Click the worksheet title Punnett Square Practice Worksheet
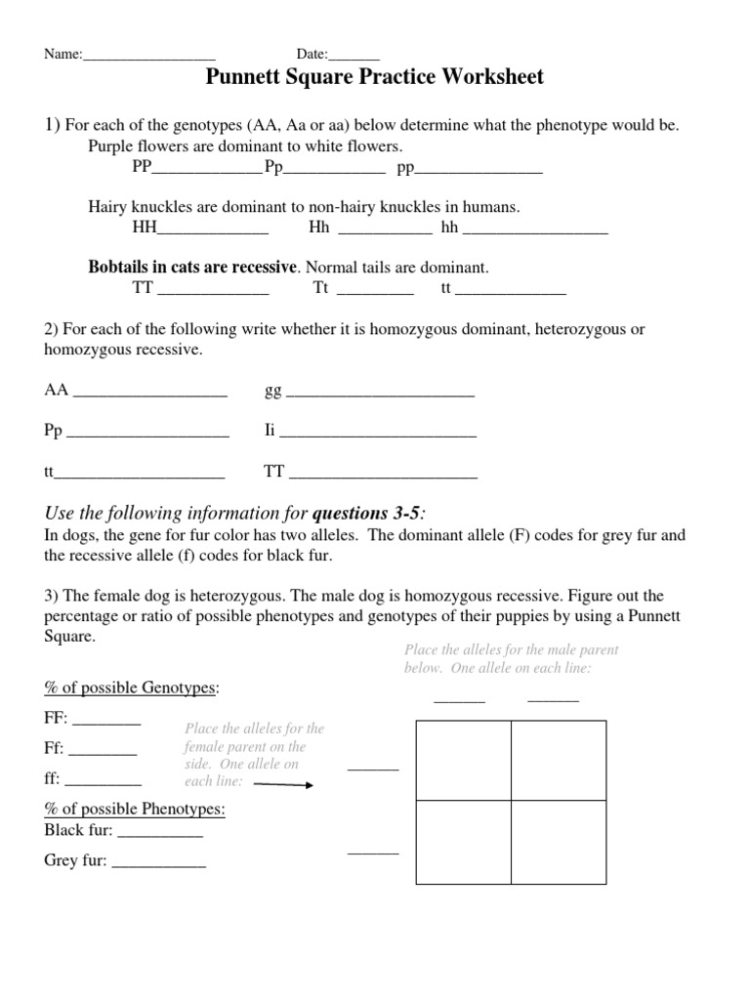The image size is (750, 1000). pyautogui.click(x=374, y=77)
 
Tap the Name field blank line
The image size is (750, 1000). pyautogui.click(x=148, y=56)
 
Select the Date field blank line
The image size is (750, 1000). pyautogui.click(x=356, y=56)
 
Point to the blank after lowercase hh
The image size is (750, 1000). pyautogui.click(x=535, y=230)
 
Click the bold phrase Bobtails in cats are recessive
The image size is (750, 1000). pyautogui.click(x=191, y=267)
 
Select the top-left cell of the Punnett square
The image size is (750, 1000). pyautogui.click(x=464, y=760)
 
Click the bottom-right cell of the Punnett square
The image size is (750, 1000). pyautogui.click(x=559, y=842)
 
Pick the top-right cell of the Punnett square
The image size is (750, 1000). pyautogui.click(x=559, y=760)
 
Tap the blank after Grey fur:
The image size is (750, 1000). pyautogui.click(x=159, y=863)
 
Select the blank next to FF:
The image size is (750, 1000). pyautogui.click(x=106, y=722)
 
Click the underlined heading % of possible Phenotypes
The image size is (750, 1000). pyautogui.click(x=135, y=810)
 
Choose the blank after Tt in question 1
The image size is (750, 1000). pyautogui.click(x=375, y=290)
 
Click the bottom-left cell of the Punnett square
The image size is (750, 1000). pyautogui.click(x=464, y=842)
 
